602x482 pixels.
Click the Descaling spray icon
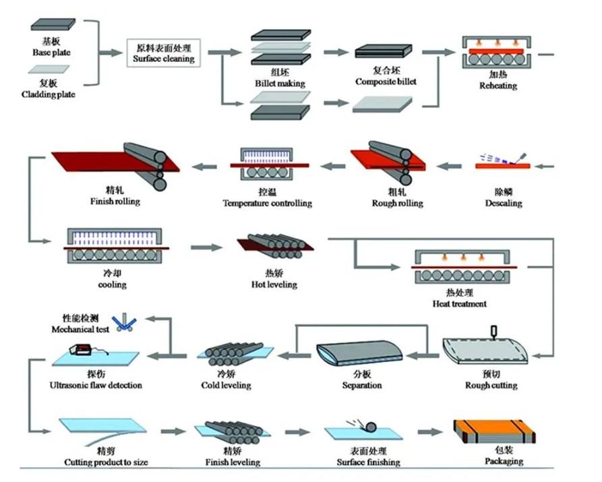point(503,162)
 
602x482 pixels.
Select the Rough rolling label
point(397,203)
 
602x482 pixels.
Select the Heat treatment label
point(460,304)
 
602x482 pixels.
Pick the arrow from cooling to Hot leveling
point(206,247)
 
